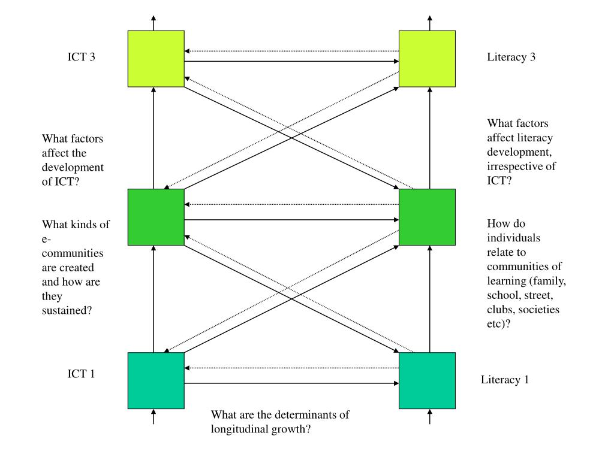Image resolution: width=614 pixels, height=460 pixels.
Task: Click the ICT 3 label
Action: coord(81,57)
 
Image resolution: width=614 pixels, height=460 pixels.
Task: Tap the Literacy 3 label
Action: coord(511,57)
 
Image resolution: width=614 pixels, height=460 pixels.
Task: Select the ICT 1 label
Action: coord(81,374)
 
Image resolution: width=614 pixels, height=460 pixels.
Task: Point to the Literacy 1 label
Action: coord(505,380)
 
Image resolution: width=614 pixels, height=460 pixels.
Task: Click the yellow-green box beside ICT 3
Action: coord(156,59)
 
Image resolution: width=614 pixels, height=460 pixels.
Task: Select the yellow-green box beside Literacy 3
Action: coord(427,59)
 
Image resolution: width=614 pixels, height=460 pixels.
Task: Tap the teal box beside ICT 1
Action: coord(156,380)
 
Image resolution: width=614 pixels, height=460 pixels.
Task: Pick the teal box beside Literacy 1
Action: coord(427,380)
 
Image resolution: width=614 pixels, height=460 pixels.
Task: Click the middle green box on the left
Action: coord(156,217)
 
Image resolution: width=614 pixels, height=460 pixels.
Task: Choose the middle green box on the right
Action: coord(427,217)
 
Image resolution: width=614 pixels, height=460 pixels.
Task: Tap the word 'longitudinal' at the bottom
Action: coord(239,429)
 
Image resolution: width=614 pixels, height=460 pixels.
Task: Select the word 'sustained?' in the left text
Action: coord(67,311)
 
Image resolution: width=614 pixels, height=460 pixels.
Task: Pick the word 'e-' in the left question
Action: coord(47,239)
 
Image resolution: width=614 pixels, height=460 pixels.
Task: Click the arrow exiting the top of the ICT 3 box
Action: coord(153,23)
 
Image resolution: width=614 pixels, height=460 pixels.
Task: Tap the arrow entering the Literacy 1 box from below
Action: coord(430,417)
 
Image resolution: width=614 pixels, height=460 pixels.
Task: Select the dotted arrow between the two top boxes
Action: coord(292,51)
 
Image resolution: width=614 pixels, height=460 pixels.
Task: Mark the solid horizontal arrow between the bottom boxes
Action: coord(292,383)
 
